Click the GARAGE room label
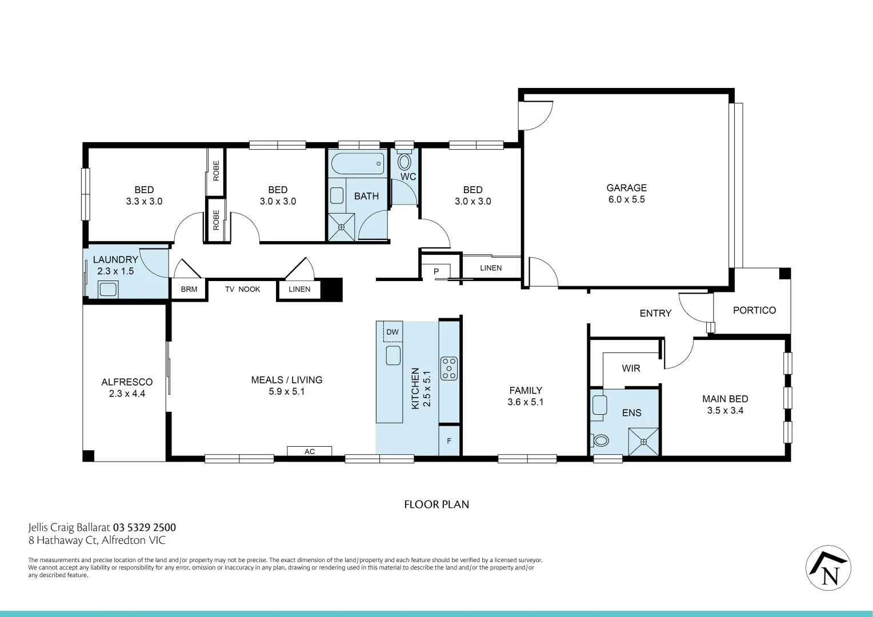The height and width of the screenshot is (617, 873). click(x=626, y=188)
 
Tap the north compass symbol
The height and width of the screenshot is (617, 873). click(x=828, y=568)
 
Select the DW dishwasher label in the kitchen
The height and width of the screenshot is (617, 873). click(x=393, y=332)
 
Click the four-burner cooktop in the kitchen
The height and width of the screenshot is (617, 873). click(x=449, y=368)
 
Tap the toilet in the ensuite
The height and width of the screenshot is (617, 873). click(x=600, y=440)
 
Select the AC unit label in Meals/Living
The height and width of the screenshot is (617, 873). click(x=309, y=451)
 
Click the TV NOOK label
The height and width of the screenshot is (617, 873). click(x=242, y=290)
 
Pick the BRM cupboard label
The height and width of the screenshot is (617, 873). click(x=189, y=290)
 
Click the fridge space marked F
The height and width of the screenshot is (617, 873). click(x=449, y=441)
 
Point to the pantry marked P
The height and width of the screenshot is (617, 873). click(x=436, y=271)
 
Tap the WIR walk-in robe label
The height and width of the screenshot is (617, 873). click(x=631, y=368)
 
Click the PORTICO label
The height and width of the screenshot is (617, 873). click(x=754, y=310)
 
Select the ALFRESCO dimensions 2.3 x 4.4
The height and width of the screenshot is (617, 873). click(x=127, y=394)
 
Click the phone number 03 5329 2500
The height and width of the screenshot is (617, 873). click(x=145, y=527)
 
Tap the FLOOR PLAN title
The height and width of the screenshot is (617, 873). click(x=436, y=504)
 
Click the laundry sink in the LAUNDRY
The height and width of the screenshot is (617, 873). click(x=107, y=289)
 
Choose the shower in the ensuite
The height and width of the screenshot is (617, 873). click(x=643, y=442)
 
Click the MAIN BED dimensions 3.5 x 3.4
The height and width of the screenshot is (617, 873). click(x=725, y=410)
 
